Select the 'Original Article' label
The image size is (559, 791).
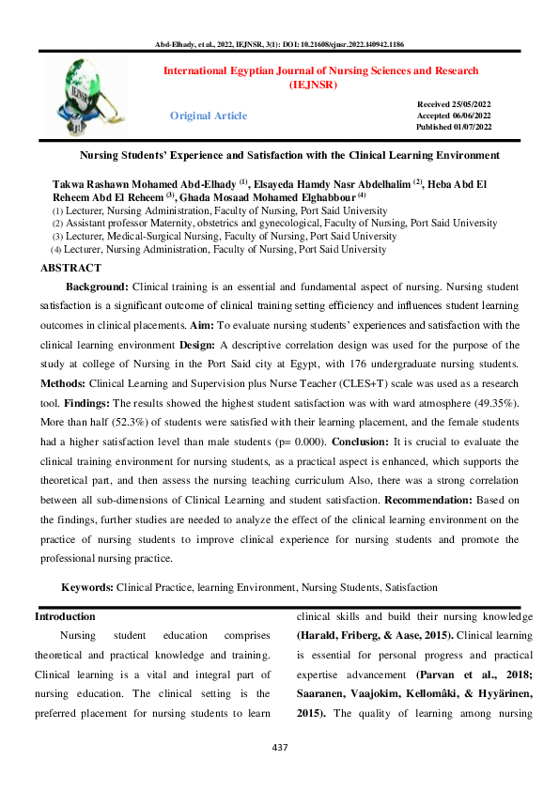(209, 116)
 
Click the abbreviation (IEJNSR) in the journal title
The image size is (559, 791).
(321, 85)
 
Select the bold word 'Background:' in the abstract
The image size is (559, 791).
(98, 285)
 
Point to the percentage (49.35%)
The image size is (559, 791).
(489, 404)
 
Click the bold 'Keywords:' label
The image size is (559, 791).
(87, 587)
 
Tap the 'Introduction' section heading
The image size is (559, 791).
(65, 616)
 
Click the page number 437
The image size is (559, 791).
(279, 748)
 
